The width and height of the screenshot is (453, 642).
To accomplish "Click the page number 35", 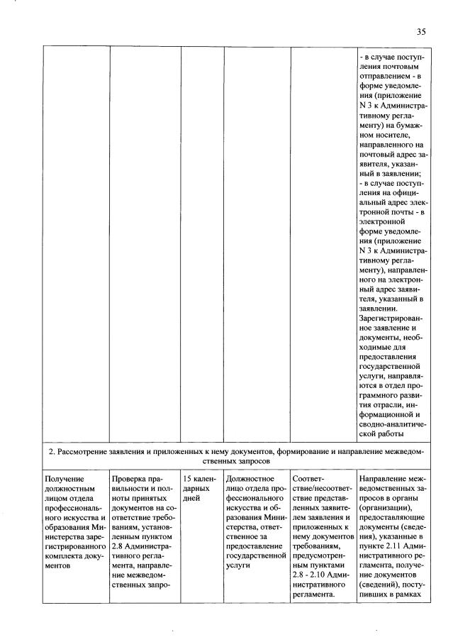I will point(421,32).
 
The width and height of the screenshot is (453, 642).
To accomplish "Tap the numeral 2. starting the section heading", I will point(51,450).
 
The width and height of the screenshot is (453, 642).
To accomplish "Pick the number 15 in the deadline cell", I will point(187,479).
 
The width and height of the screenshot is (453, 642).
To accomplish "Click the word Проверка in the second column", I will point(128,479).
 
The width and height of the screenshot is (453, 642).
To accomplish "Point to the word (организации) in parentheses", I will point(384,509).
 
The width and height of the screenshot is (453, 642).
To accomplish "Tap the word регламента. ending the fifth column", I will point(313,597).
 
